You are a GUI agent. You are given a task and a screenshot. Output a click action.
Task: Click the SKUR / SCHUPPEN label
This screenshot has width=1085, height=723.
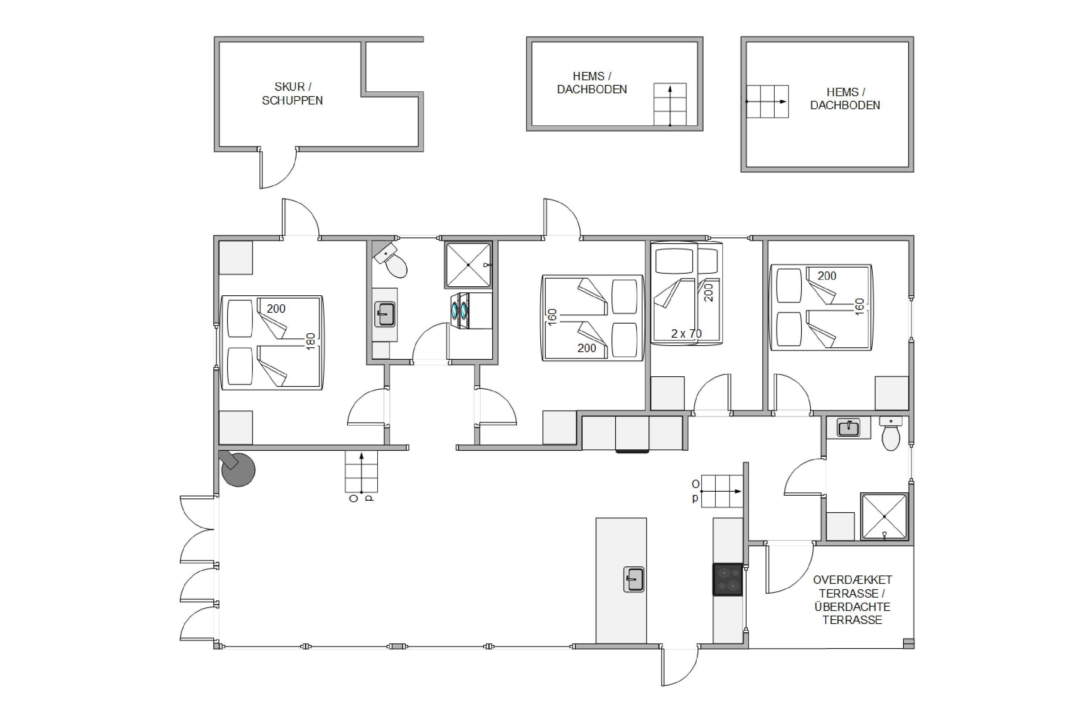pos(293,94)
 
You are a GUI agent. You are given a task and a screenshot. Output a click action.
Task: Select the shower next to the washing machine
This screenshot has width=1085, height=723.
pos(468,265)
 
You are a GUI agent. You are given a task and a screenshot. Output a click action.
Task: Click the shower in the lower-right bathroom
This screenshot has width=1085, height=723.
pos(884,517)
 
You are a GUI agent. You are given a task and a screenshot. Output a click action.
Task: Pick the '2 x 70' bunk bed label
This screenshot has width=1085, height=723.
pos(686,333)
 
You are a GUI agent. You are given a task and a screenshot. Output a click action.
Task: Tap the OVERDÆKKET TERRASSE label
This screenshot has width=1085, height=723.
pos(852,586)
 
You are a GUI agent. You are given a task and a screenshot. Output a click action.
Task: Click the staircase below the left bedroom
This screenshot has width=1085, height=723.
pos(361,472)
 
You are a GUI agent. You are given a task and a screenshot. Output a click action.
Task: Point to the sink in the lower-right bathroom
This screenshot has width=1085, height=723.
pos(848,427)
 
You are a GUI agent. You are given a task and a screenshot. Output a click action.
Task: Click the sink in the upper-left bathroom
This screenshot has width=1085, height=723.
pos(385,314)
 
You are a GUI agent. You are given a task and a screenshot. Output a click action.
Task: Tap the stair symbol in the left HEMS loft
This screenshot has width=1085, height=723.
pos(670,104)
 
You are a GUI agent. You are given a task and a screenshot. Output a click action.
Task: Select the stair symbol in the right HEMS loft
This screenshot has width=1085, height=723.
pos(767,102)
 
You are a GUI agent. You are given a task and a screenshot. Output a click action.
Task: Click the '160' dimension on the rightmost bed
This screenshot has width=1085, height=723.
pos(859,307)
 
